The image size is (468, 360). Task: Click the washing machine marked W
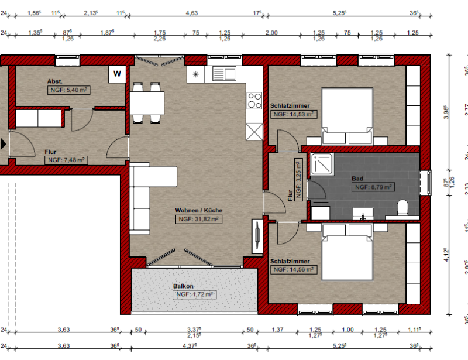[118, 74]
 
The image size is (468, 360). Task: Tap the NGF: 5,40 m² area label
[68, 90]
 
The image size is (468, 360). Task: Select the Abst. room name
[55, 81]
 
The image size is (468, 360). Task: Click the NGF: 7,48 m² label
[67, 160]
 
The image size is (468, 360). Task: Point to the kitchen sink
[223, 74]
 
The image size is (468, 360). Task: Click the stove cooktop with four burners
[254, 101]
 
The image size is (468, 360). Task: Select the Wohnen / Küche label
[199, 210]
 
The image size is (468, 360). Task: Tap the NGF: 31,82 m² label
[199, 220]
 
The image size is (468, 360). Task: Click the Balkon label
[183, 286]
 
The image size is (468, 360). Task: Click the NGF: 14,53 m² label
[293, 115]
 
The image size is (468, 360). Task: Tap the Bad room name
[357, 179]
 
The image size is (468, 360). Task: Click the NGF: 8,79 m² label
[373, 187]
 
